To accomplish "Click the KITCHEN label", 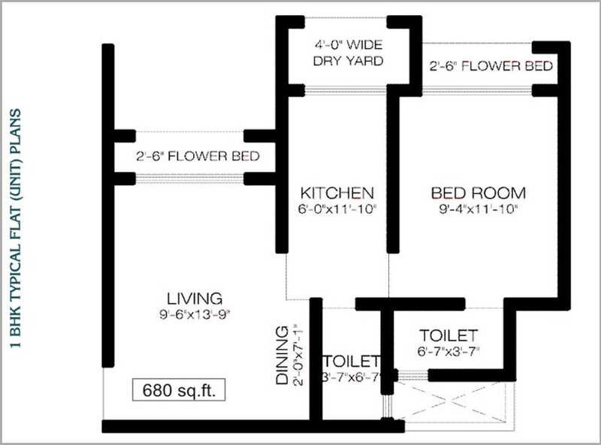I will [337, 191].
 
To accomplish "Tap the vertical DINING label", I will [282, 356].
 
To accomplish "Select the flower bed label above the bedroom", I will [491, 66].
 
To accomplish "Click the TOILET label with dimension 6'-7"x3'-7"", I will [448, 334].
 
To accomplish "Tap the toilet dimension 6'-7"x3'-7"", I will [448, 351].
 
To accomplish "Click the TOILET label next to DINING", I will [351, 361].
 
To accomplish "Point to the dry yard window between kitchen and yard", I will [337, 91].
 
